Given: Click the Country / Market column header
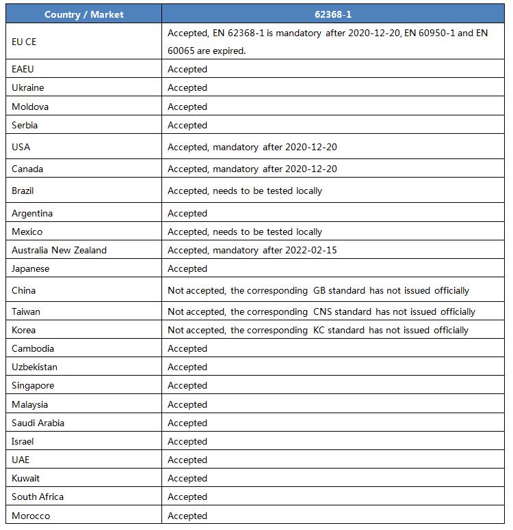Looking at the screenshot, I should coord(84,14).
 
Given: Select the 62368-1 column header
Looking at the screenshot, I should coord(335,14).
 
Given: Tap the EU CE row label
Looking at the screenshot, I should coord(24,42).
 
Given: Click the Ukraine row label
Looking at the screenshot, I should coord(28,87).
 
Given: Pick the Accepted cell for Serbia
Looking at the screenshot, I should coord(187,125).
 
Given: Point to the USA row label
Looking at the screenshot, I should coord(21,147).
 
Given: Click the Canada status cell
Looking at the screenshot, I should coord(252,169).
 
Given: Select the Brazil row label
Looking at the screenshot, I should coord(23,191).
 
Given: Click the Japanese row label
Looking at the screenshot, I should coord(31,268).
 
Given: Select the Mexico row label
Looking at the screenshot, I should coord(27,232).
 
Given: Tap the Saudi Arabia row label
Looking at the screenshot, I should coord(38,423).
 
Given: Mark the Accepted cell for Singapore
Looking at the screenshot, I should coord(187,385).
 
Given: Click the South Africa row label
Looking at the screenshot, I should coord(38,497).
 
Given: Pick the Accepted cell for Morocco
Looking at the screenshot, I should coord(187,516).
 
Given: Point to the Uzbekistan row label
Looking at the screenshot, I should coord(35,367).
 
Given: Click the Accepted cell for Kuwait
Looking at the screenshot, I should coord(187,478).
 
